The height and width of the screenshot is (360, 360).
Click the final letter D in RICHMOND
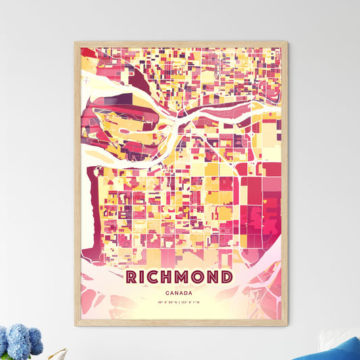(228, 277)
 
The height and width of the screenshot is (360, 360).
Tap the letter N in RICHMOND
(214, 277)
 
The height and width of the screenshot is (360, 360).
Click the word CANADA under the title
(180, 292)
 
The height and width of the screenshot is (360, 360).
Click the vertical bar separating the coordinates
(180, 308)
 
